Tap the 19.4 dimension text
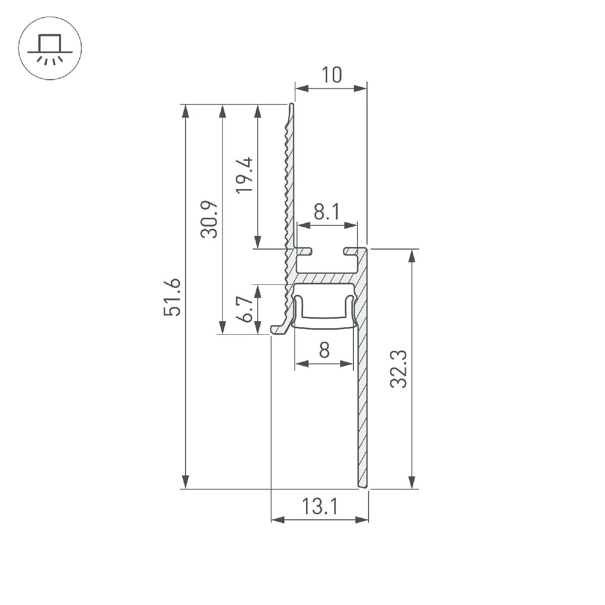click(246, 175)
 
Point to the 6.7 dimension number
click(246, 309)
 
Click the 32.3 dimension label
click(399, 369)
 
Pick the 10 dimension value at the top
click(331, 75)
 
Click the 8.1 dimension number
click(327, 212)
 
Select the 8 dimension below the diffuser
click(324, 349)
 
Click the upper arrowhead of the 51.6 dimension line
click(186, 111)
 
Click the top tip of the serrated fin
click(291, 106)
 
